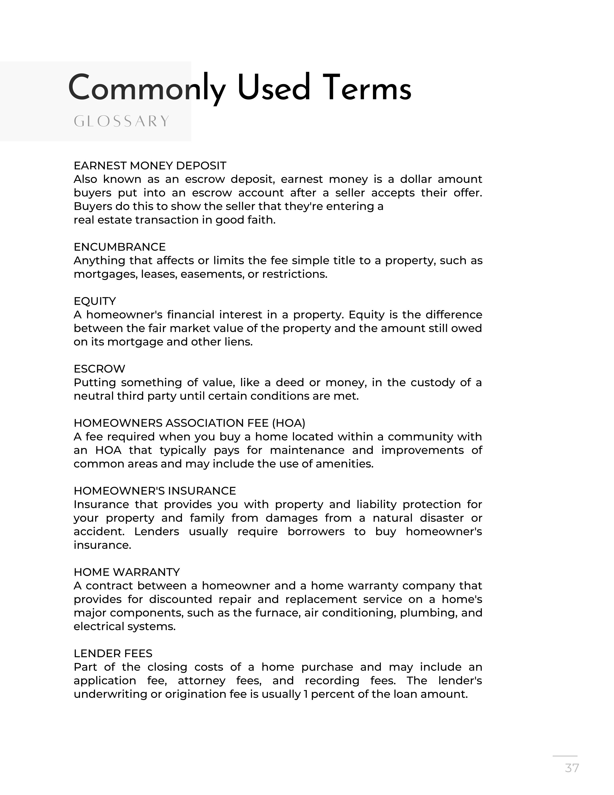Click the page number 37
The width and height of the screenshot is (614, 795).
coord(572,768)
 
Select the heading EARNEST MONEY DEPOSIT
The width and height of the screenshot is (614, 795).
coord(150,166)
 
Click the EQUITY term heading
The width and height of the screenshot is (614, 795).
coord(95,301)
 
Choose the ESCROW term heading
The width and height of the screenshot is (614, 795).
coord(99,369)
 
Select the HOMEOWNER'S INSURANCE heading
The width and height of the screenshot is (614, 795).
coord(155,491)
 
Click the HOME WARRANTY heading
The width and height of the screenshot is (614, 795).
coord(127,572)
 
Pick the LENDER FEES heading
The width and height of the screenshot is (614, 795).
coord(113,653)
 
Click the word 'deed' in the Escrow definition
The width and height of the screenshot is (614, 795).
coord(289,382)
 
